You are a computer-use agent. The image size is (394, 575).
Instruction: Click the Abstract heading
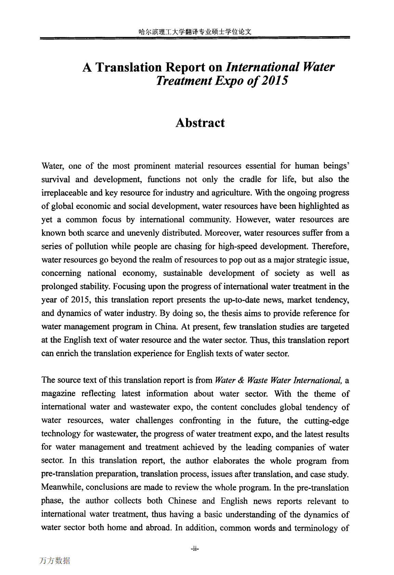[200, 123]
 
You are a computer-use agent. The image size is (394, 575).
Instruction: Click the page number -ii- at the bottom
[195, 549]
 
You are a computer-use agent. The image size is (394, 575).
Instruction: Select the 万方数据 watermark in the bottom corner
[55, 560]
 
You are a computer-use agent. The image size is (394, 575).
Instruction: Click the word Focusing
[129, 286]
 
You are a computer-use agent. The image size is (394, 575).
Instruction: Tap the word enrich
[66, 353]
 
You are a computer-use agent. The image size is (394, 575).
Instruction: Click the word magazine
[58, 394]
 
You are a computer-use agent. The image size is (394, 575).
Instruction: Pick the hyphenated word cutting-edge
[327, 421]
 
